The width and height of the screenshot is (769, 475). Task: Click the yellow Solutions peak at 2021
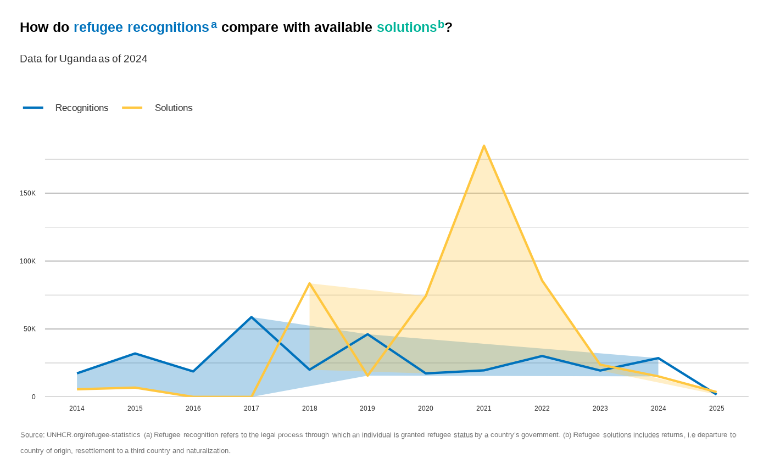(484, 146)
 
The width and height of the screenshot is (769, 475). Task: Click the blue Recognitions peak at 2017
(252, 317)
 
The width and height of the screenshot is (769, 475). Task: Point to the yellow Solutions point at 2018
(310, 284)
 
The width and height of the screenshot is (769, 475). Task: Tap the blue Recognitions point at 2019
(367, 334)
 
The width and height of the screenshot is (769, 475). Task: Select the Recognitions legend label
(82, 108)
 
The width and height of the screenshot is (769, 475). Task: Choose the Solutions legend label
(174, 108)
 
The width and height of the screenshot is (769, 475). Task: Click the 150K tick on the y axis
(28, 193)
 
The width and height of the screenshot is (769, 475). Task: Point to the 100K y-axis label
(28, 261)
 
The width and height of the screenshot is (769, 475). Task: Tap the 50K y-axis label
(30, 329)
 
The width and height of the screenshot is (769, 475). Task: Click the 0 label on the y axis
(34, 397)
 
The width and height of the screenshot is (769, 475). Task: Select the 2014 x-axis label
(77, 409)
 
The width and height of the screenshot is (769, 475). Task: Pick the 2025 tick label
(716, 409)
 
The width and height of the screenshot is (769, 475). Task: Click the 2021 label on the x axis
(484, 409)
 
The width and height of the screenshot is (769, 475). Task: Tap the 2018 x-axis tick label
(310, 409)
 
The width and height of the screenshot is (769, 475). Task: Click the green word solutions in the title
(406, 27)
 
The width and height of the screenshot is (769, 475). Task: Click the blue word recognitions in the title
(168, 27)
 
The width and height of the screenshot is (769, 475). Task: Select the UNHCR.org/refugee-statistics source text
(93, 435)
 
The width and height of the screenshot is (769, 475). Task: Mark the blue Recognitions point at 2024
(658, 359)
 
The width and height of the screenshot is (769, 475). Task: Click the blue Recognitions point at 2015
(135, 354)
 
